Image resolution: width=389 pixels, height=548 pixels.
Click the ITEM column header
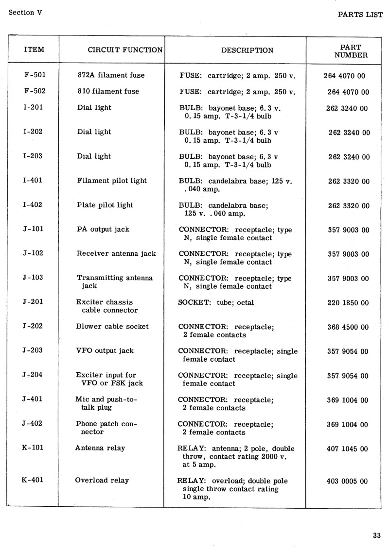(34, 50)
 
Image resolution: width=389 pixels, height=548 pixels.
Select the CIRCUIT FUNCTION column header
(125, 50)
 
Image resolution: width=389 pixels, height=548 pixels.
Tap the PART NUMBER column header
(351, 51)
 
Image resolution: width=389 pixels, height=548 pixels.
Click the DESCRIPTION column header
(247, 50)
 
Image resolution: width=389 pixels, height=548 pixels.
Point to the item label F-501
(34, 75)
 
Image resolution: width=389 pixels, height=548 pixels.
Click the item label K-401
(33, 481)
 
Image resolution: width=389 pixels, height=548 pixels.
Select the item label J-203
(33, 350)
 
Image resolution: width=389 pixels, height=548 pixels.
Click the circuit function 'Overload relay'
(102, 481)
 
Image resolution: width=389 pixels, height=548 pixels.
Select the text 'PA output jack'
(103, 229)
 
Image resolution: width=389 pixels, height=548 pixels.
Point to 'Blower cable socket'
(112, 326)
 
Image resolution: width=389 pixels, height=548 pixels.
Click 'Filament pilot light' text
(112, 181)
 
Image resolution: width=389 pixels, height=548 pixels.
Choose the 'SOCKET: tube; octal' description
(216, 302)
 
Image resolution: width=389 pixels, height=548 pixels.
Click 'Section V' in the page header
(25, 13)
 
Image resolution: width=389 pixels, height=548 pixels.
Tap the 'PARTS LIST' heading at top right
(360, 14)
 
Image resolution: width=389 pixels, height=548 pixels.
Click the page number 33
(377, 536)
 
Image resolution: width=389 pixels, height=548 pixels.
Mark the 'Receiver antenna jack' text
(116, 253)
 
